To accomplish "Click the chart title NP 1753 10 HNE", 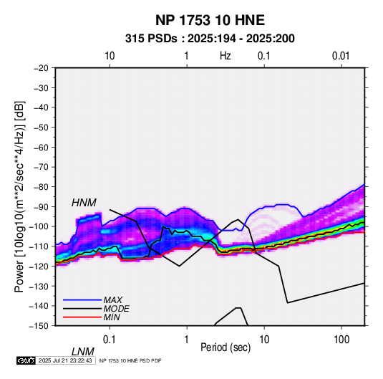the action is (x=210, y=20).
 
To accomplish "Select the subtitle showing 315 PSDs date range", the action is (x=210, y=39).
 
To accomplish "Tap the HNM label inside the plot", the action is (x=84, y=203).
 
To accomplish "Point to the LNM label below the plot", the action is (x=83, y=352).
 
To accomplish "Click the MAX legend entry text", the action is (x=113, y=300).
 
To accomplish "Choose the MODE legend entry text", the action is (x=116, y=309).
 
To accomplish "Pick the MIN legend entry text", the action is (x=112, y=317).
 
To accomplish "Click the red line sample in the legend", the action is (x=82, y=317).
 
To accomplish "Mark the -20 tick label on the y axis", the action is (x=41, y=68).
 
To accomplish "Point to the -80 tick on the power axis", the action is (x=41, y=187).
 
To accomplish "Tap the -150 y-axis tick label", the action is (x=39, y=326).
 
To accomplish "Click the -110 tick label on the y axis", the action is (x=39, y=246).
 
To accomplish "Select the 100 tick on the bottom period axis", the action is (x=341, y=340).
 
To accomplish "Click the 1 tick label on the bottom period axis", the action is (x=187, y=340).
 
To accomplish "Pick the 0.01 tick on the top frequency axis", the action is (x=341, y=56).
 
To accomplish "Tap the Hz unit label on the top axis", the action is (x=226, y=56).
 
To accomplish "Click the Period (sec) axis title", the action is (x=226, y=347).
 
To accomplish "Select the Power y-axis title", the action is (x=19, y=196).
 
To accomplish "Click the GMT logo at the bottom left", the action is (x=26, y=360).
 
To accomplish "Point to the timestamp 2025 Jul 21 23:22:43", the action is (x=65, y=360).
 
